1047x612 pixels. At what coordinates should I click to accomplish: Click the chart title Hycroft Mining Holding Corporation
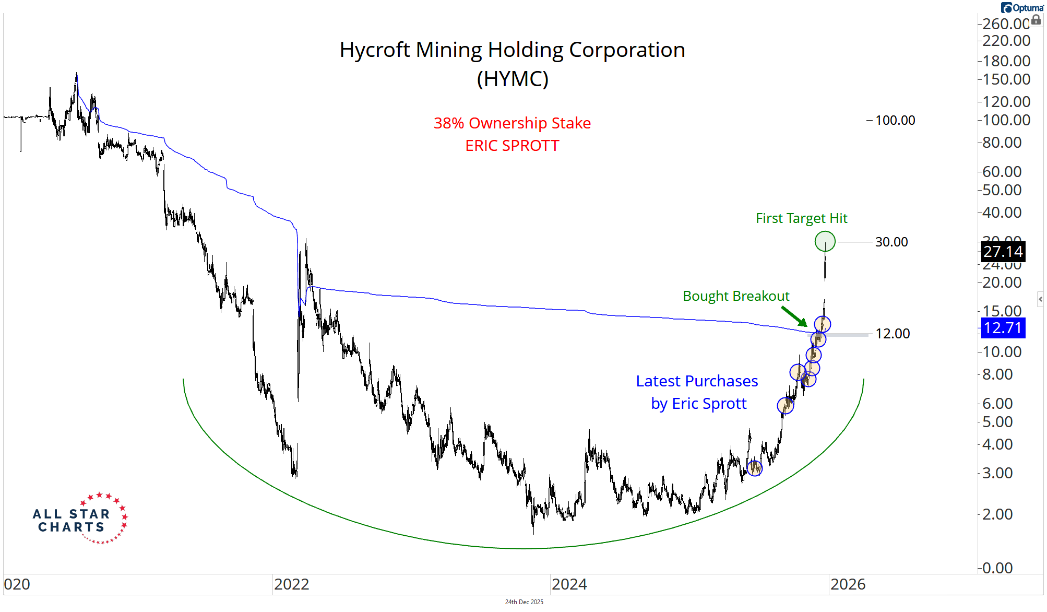tap(512, 50)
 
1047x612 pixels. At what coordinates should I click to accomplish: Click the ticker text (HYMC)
tap(513, 79)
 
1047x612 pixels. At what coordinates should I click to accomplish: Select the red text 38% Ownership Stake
tap(512, 123)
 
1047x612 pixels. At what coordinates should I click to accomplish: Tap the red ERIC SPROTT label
tap(512, 146)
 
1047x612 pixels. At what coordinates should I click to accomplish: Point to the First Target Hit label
tap(801, 218)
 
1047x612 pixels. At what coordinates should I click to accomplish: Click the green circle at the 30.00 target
tap(825, 241)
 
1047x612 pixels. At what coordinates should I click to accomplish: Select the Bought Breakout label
tap(736, 296)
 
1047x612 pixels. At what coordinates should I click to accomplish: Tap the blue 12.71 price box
tap(1003, 328)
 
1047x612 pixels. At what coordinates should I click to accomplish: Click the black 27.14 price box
tap(1003, 252)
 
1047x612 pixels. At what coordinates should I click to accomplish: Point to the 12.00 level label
tap(893, 334)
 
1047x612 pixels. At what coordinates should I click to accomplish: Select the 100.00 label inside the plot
tap(895, 121)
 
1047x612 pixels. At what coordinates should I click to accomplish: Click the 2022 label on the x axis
tap(292, 584)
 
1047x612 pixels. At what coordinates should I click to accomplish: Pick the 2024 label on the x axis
tap(569, 584)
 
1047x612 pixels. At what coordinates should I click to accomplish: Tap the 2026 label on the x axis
tap(848, 584)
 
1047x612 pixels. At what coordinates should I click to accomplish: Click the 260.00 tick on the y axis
tap(1005, 24)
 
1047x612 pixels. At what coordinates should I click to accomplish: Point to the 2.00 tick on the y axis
tap(997, 514)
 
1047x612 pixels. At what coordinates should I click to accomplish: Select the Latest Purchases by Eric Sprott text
tap(697, 392)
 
